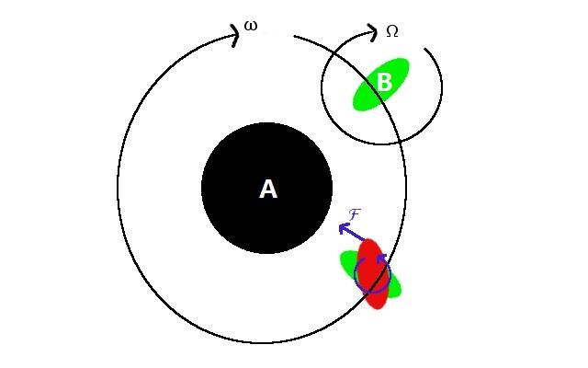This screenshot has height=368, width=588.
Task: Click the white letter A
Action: (x=268, y=189)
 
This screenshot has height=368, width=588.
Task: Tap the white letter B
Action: (x=384, y=82)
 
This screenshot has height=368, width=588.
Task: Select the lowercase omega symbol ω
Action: (x=251, y=27)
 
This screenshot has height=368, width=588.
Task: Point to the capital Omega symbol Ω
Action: (x=392, y=31)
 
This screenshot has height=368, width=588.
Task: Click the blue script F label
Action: (x=355, y=214)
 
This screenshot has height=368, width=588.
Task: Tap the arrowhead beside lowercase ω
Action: (x=235, y=35)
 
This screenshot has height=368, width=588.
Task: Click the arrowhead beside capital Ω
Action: (x=372, y=33)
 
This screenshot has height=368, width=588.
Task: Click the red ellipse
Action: (x=372, y=273)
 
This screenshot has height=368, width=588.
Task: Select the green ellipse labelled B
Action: (x=381, y=84)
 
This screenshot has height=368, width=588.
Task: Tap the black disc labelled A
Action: (x=267, y=188)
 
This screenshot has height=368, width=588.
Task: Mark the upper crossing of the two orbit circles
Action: (x=333, y=56)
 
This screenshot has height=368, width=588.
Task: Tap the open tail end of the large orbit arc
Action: (x=294, y=37)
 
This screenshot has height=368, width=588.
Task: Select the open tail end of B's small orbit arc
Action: (x=424, y=49)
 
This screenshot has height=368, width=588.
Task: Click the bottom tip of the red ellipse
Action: (x=379, y=308)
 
